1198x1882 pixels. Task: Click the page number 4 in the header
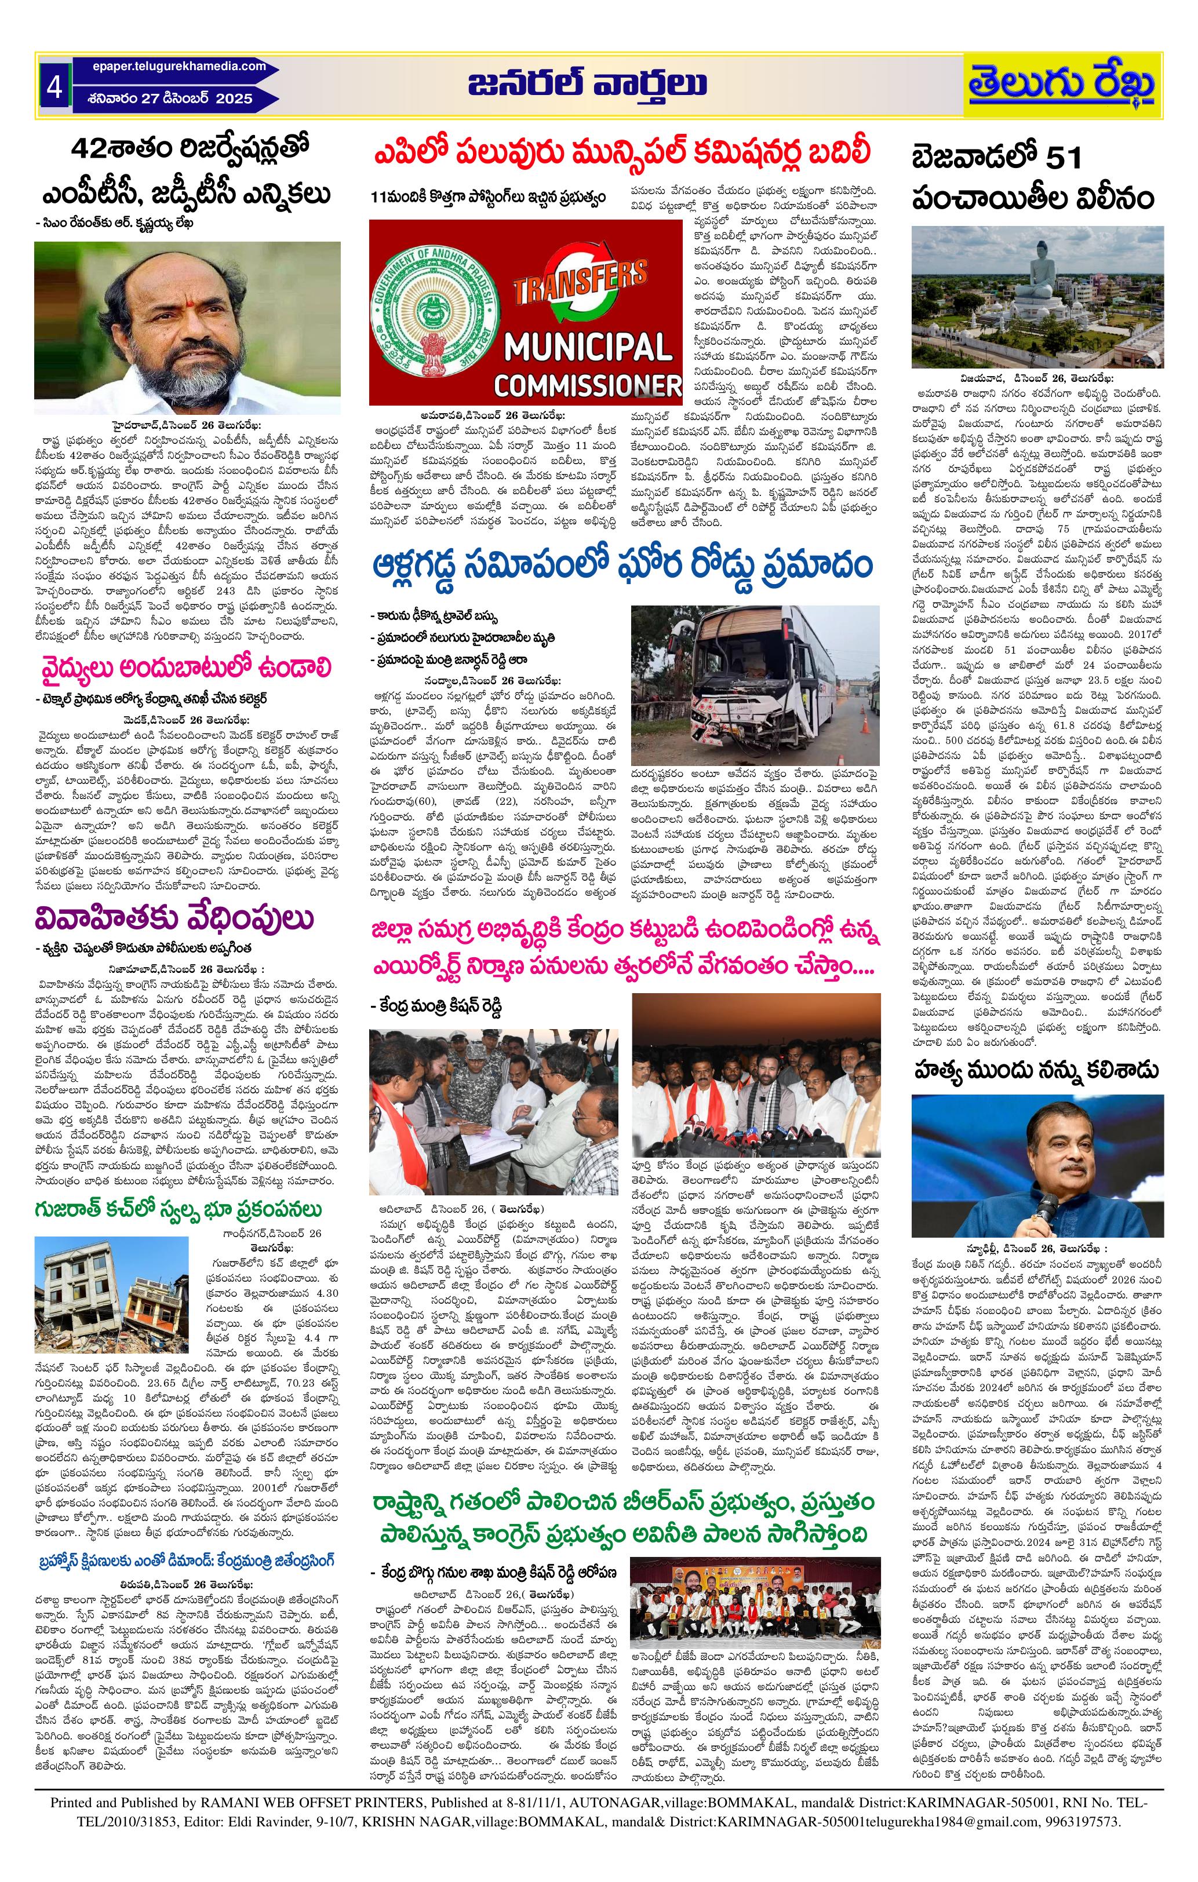54,87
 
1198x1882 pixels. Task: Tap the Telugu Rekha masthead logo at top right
1062,85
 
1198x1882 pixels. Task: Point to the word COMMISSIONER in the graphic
587,385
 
